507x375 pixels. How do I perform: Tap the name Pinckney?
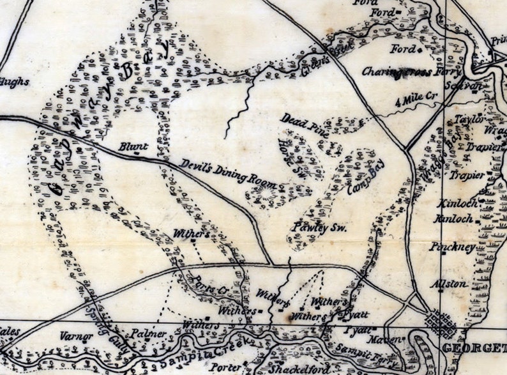tap(453, 247)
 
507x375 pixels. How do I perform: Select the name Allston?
tap(450, 283)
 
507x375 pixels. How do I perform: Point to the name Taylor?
tap(470, 119)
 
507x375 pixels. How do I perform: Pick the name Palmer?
tap(149, 333)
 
